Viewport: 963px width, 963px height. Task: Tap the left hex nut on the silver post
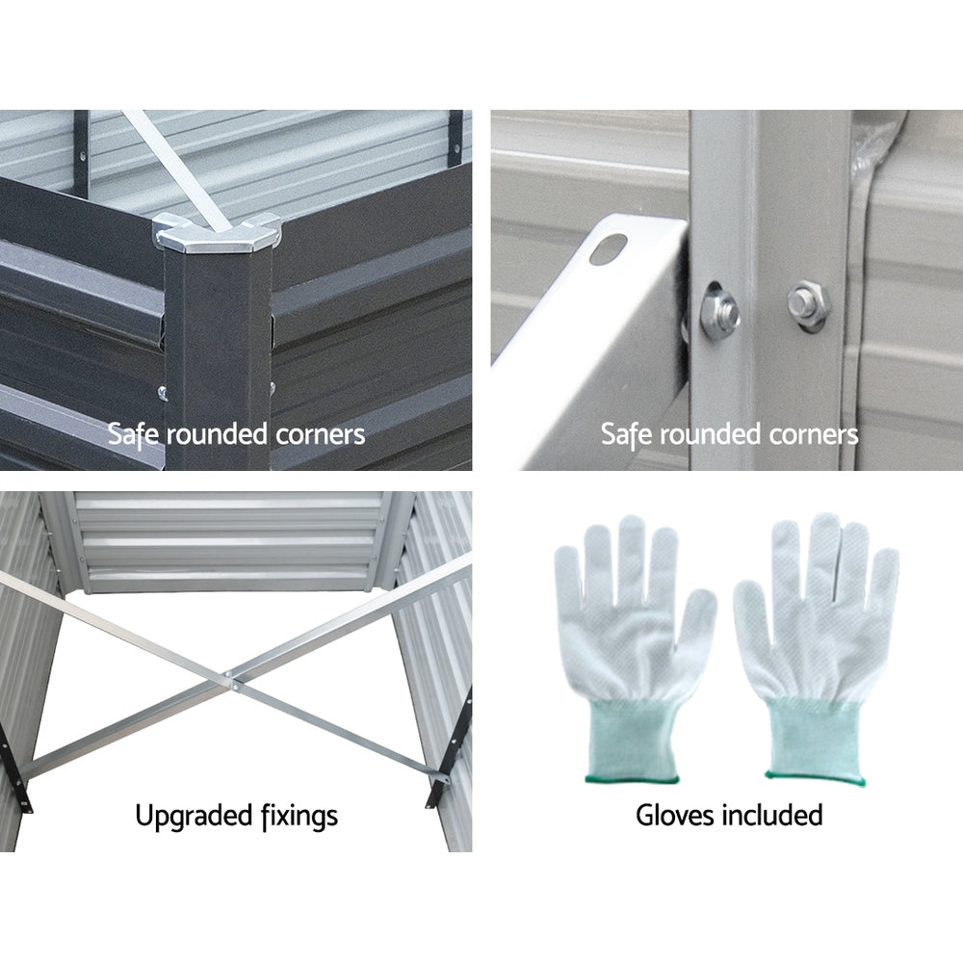(x=719, y=311)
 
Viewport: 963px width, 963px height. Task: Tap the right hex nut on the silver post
(x=808, y=305)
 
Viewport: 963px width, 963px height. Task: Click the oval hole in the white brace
(x=608, y=248)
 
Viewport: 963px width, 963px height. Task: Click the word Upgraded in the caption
(x=194, y=817)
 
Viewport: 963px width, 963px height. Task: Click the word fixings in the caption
(x=299, y=817)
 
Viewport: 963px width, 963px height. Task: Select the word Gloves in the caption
(x=675, y=816)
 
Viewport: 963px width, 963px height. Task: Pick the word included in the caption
(x=772, y=816)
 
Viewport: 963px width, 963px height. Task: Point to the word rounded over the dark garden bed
(x=218, y=434)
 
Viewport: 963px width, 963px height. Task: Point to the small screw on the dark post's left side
(x=162, y=392)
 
